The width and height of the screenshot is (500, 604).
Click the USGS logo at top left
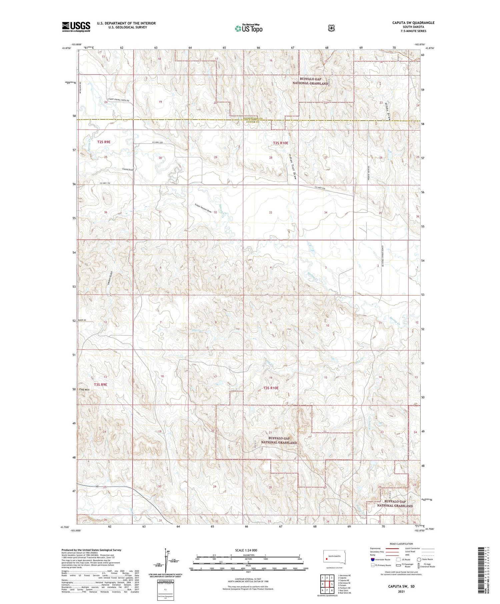pos(76,27)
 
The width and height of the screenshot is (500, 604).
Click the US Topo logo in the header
pos(249,28)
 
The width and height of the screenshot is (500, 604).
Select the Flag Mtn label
pos(84,389)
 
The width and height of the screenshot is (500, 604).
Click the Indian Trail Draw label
pos(292,166)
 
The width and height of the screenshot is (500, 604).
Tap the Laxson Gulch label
pos(110,279)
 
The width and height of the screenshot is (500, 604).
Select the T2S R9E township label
pos(104,142)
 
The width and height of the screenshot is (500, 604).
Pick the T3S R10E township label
pos(271,388)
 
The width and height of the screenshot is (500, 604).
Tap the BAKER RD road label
pos(82,320)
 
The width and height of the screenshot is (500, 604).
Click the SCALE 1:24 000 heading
pos(246,550)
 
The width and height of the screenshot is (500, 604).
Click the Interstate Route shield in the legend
pos(372,559)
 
